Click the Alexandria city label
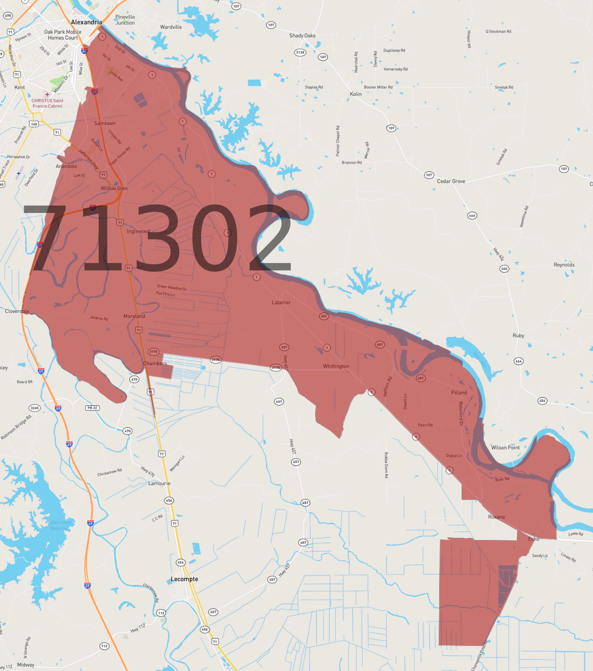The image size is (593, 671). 86,22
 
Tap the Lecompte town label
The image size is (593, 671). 185,579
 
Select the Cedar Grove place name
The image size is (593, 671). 451,181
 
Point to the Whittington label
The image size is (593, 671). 336,366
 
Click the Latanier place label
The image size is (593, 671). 281,302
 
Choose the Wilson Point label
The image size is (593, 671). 505,447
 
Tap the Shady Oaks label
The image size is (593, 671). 302,36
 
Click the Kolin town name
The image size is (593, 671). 355,94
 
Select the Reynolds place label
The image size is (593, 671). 564,265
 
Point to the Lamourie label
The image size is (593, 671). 159,483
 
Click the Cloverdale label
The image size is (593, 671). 17,311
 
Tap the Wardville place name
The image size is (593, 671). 171,27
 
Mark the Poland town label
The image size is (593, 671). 459,393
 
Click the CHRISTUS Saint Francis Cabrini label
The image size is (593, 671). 47,103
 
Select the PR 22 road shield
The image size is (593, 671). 92,408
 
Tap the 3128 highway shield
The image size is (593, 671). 300,52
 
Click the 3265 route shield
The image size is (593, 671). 35,408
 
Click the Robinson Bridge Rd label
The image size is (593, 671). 16,428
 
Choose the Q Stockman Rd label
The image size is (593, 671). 498,32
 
